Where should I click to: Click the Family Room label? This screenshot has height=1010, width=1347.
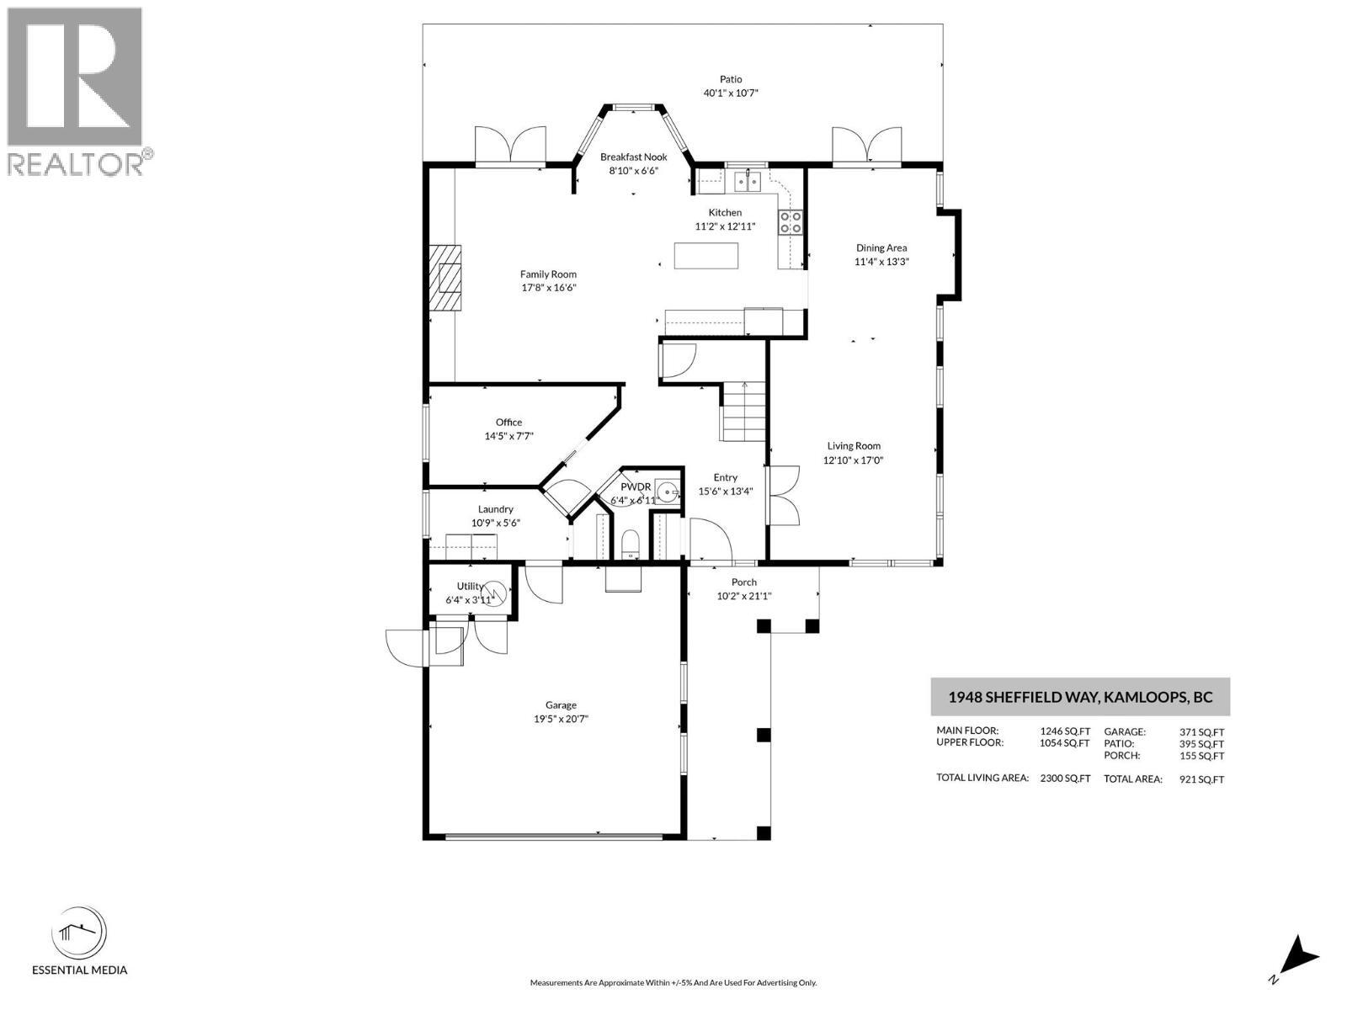[548, 274]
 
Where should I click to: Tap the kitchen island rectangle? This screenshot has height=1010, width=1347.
[706, 255]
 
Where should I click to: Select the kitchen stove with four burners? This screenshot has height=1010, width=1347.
[791, 221]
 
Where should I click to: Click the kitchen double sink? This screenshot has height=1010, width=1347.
[747, 180]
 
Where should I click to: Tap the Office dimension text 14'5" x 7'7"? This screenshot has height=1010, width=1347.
[508, 436]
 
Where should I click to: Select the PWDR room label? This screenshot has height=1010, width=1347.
[636, 487]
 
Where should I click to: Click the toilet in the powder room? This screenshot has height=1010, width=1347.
[630, 545]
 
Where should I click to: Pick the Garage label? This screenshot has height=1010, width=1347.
[561, 705]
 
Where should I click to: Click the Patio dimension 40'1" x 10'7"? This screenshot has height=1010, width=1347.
[731, 93]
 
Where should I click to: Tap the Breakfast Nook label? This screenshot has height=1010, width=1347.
[633, 157]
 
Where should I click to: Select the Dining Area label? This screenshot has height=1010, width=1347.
[881, 247]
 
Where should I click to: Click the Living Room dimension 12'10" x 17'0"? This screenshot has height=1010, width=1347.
[853, 460]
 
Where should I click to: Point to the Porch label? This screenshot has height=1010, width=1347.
[743, 582]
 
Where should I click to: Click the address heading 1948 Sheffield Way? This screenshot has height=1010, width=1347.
[1080, 697]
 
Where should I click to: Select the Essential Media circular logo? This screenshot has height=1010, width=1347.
[79, 933]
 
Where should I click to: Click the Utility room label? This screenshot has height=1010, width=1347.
[470, 587]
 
